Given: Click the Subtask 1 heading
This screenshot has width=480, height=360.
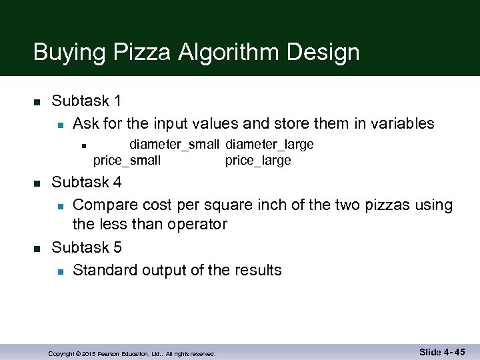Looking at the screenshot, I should tap(87, 101).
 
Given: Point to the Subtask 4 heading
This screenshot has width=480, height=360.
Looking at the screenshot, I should tap(87, 182).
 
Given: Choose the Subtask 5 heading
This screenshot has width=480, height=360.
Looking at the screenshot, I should tap(87, 248).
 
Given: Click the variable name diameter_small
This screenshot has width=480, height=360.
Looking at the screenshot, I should tap(174, 145).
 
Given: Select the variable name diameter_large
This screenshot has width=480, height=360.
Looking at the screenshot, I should tap(269, 145).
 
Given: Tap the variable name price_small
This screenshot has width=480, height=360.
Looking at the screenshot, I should tap(127, 161).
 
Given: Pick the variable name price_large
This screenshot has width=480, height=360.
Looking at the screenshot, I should tap(258, 161).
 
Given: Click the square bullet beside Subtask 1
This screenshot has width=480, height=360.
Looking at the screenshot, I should tap(37, 102).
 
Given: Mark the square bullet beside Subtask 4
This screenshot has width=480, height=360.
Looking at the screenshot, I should tap(37, 183).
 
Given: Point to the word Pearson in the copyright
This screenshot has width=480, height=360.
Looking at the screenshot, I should tap(111, 354).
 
